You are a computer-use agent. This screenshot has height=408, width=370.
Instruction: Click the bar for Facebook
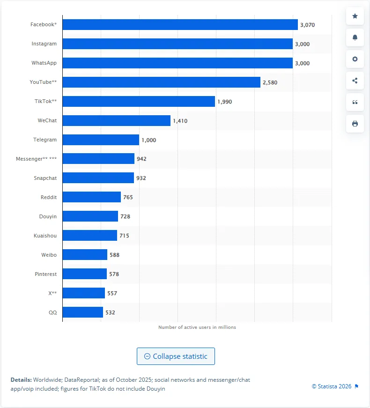(180, 24)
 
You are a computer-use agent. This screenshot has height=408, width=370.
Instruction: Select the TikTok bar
(139, 101)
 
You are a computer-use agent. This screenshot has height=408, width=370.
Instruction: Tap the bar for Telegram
(101, 140)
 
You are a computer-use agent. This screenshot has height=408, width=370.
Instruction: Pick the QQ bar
(82, 312)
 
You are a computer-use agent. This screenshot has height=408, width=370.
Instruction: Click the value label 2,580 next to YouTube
(270, 82)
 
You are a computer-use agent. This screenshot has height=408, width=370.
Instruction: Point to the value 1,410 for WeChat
(180, 121)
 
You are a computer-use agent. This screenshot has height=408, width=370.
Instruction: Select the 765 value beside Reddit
(128, 197)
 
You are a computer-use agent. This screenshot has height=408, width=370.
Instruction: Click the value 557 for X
(112, 293)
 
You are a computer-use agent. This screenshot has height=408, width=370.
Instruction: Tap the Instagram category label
(44, 44)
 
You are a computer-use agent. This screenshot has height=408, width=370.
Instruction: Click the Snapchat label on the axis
(45, 178)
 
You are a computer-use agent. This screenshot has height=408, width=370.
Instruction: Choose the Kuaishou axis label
(45, 236)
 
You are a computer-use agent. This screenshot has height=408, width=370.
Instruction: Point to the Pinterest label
(45, 274)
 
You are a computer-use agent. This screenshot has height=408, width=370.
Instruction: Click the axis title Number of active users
(197, 327)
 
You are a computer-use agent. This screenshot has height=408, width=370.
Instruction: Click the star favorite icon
(355, 16)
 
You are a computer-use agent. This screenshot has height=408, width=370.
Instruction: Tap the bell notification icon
(355, 37)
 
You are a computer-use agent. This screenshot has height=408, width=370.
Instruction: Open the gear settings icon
(355, 59)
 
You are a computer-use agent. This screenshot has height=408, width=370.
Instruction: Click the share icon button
(355, 81)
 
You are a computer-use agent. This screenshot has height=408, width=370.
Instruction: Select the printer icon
(355, 124)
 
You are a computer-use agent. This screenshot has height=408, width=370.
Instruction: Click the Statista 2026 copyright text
(332, 386)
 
